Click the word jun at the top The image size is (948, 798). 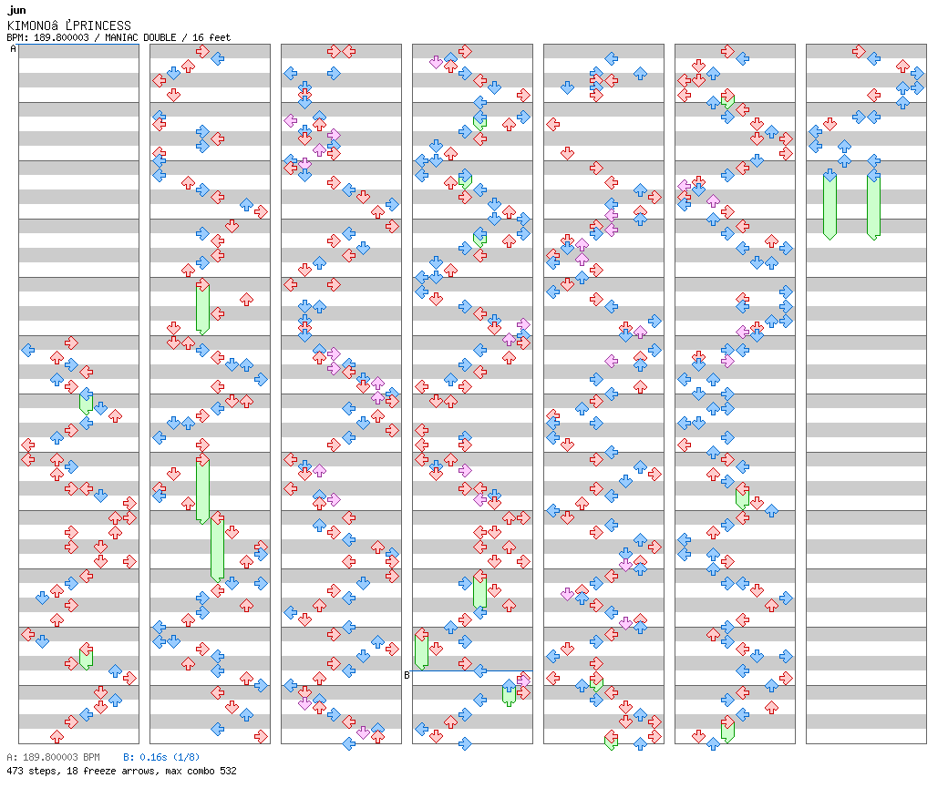click(x=17, y=10)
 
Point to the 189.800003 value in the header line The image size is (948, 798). click(x=61, y=37)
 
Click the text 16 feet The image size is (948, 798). click(x=211, y=37)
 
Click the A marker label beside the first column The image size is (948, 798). click(x=14, y=49)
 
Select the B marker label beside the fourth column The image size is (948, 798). click(x=407, y=675)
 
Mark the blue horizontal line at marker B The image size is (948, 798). click(x=472, y=670)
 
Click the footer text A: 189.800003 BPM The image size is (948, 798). click(x=53, y=757)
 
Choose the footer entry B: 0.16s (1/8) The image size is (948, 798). click(x=161, y=757)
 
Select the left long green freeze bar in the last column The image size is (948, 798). click(x=829, y=205)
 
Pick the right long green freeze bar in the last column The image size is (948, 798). click(x=873, y=205)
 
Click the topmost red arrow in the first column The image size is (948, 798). click(x=71, y=343)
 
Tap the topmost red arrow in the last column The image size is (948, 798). click(x=859, y=51)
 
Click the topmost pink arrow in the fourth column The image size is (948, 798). click(x=436, y=62)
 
